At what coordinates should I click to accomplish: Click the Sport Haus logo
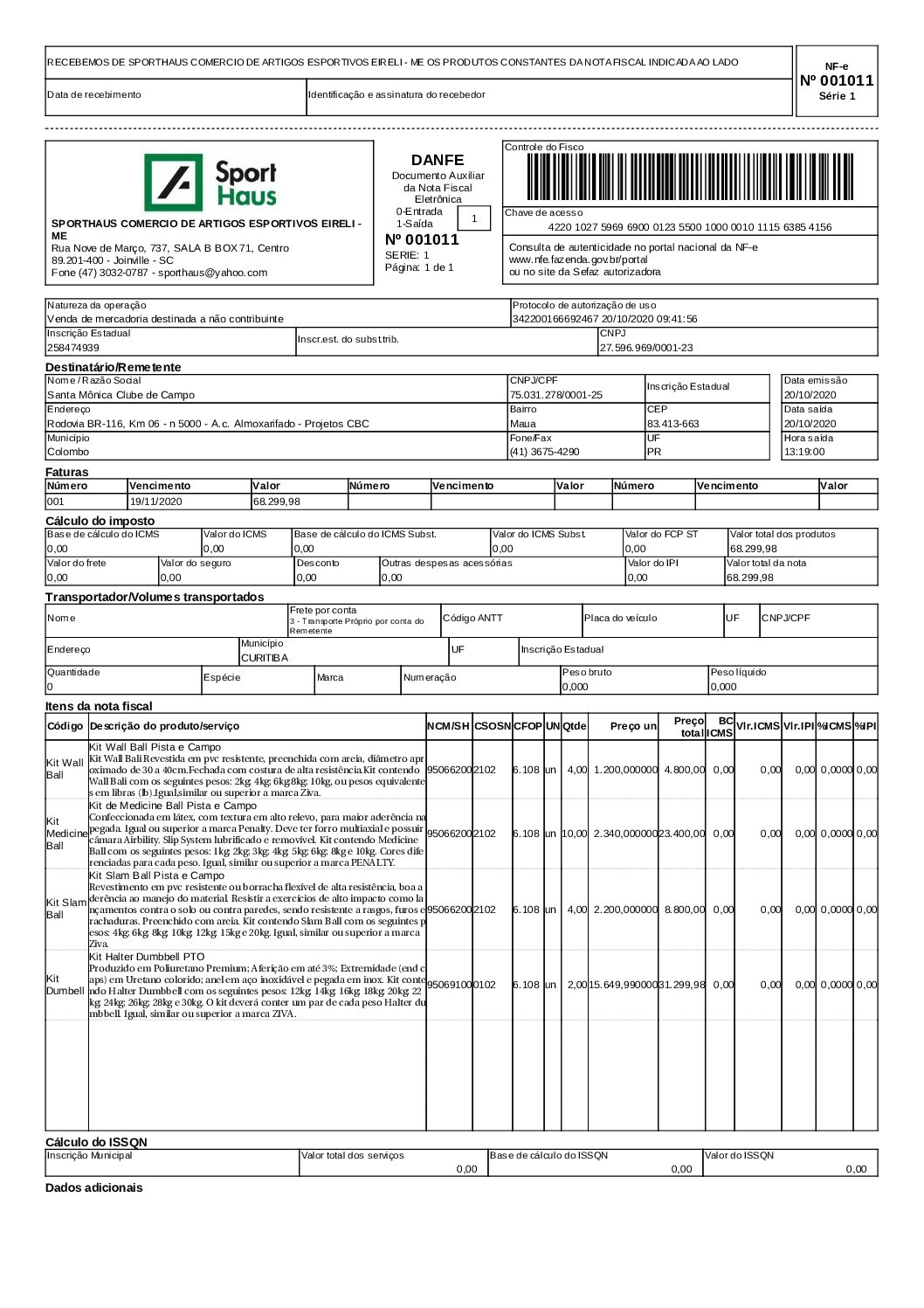pos(210,183)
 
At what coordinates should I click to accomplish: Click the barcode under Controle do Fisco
pos(690,178)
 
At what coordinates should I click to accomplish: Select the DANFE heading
pos(438,160)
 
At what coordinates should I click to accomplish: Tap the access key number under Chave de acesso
pos(690,227)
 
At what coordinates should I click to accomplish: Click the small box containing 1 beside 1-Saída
pos(474,218)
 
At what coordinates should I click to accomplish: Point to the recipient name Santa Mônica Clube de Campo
pos(121,395)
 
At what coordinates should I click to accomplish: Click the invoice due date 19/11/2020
pos(155,502)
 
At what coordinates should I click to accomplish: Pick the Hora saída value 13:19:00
pos(803,452)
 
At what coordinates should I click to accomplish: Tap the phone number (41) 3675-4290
pos(544,452)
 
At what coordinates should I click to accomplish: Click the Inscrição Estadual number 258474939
pos(73,348)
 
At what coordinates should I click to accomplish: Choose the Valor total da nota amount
pos(749,578)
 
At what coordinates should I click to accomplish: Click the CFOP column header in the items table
pos(528,726)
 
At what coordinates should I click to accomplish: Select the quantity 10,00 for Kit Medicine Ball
pos(575,834)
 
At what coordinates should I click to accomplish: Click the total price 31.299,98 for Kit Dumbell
pos(681,985)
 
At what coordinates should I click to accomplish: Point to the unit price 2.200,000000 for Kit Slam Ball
pos(625,910)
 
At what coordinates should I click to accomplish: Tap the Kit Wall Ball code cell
pos(66,769)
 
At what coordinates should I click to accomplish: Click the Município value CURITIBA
pos(264,658)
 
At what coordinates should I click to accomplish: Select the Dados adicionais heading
pos(93,1187)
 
